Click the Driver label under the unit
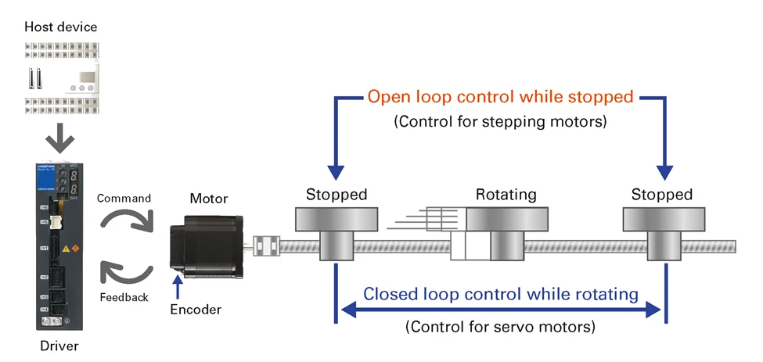pyautogui.click(x=59, y=345)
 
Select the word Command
pyautogui.click(x=124, y=198)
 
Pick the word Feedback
pyautogui.click(x=124, y=297)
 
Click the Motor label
pyautogui.click(x=209, y=199)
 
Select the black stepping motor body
pyautogui.click(x=205, y=248)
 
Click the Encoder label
pyautogui.click(x=196, y=310)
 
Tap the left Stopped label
pyautogui.click(x=337, y=195)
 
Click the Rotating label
pyautogui.click(x=506, y=195)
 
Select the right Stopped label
pyautogui.click(x=662, y=195)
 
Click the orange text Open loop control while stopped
pyautogui.click(x=500, y=98)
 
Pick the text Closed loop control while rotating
pyautogui.click(x=501, y=295)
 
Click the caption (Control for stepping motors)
pyautogui.click(x=500, y=122)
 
